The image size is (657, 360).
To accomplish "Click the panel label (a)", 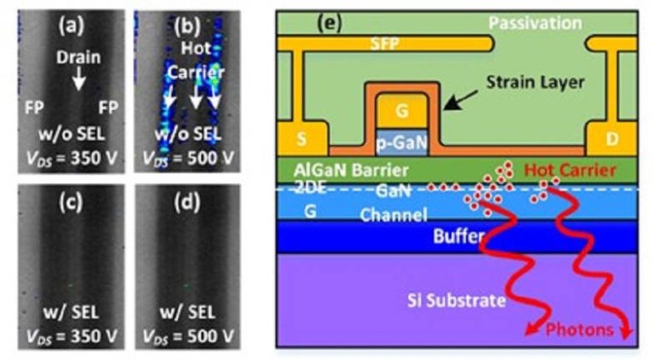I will (x=70, y=25).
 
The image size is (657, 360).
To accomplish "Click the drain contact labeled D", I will (x=608, y=139).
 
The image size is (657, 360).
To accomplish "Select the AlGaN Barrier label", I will (x=336, y=169).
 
